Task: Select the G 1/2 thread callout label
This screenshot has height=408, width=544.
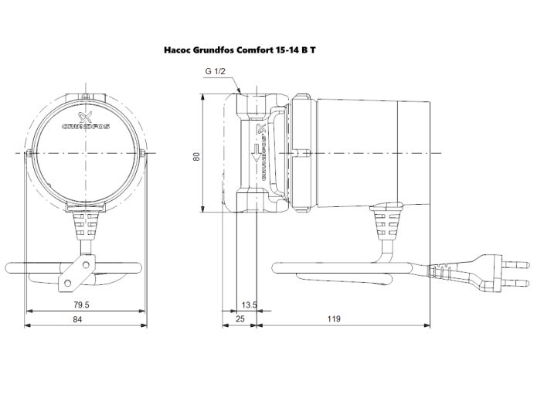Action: [x=216, y=71]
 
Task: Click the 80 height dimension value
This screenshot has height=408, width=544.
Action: [x=197, y=155]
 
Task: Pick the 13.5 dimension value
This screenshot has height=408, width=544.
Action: [x=249, y=305]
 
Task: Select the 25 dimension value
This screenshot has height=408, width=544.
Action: [x=240, y=319]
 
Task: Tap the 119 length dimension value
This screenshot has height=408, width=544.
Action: [x=335, y=319]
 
